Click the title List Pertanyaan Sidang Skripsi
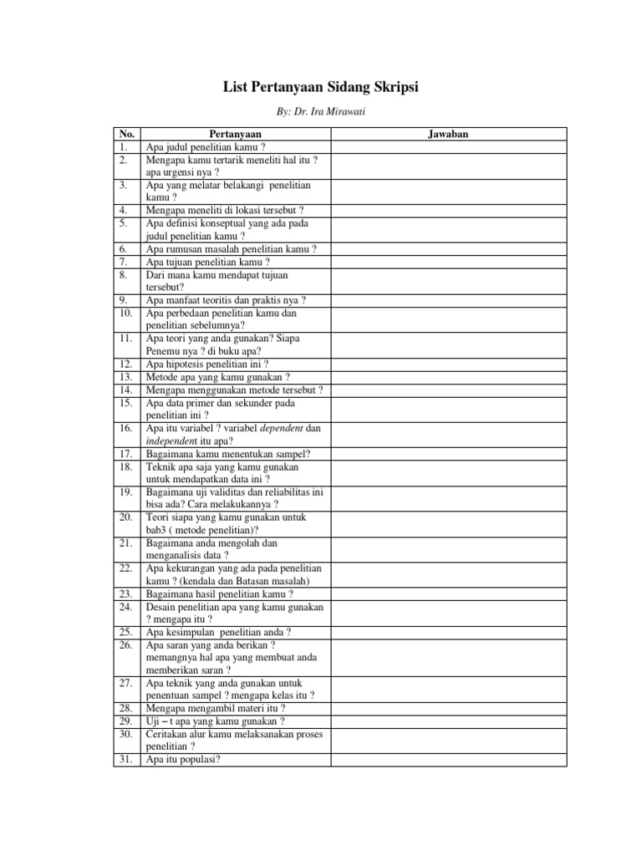[321, 88]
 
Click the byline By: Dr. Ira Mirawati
[321, 111]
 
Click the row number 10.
[126, 313]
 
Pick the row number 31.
[126, 759]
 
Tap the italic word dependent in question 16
[276, 428]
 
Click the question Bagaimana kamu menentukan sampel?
[228, 453]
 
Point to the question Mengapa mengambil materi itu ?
[216, 708]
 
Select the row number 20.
[126, 517]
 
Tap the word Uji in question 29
[154, 721]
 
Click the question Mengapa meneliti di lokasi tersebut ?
[225, 211]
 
